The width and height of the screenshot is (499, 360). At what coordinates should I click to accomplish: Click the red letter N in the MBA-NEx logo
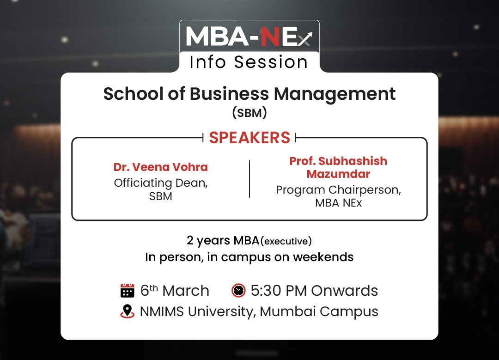pyautogui.click(x=270, y=37)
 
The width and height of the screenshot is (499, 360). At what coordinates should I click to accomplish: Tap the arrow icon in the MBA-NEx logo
pyautogui.click(x=305, y=39)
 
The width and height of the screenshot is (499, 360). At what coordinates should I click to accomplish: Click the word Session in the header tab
pyautogui.click(x=271, y=62)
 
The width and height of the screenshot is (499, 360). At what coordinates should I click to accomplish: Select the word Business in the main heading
pyautogui.click(x=230, y=94)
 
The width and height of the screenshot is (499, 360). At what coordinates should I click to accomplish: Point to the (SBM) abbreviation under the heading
pyautogui.click(x=249, y=113)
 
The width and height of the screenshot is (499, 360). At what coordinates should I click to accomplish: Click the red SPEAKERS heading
pyautogui.click(x=249, y=138)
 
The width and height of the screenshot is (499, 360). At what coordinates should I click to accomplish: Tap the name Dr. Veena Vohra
pyautogui.click(x=161, y=167)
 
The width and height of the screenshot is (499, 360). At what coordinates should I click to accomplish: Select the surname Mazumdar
pyautogui.click(x=338, y=174)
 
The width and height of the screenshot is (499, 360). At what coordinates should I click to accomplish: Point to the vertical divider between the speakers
pyautogui.click(x=249, y=179)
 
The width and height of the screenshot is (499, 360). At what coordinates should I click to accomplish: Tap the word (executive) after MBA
pyautogui.click(x=286, y=241)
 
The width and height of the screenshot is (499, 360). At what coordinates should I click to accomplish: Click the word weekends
pyautogui.click(x=323, y=257)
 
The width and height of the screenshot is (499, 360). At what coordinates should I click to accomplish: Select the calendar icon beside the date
pyautogui.click(x=128, y=290)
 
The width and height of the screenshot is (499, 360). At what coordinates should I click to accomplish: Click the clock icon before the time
pyautogui.click(x=238, y=290)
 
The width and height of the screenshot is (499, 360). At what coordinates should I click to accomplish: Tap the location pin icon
pyautogui.click(x=128, y=311)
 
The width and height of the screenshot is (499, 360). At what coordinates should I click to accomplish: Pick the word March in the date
pyautogui.click(x=186, y=291)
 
